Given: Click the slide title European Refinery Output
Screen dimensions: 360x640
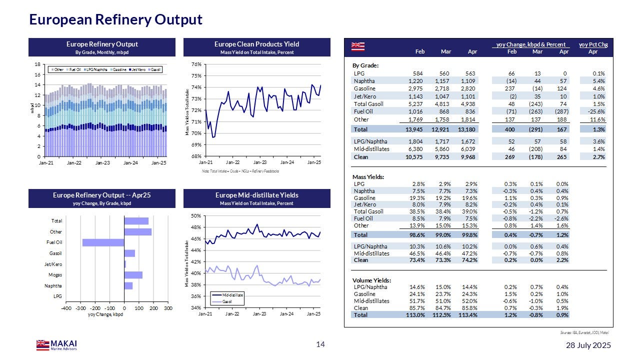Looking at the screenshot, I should (x=115, y=19).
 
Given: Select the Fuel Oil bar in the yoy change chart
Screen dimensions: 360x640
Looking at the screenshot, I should (x=103, y=242).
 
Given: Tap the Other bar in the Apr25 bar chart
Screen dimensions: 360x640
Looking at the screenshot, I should (x=137, y=232).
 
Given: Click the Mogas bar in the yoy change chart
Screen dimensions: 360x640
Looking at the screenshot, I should (x=133, y=275).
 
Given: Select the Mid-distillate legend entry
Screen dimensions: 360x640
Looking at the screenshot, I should (x=228, y=295).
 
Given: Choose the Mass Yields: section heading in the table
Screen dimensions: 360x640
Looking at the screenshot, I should (x=368, y=176).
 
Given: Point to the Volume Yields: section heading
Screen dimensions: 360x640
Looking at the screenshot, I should (x=371, y=280).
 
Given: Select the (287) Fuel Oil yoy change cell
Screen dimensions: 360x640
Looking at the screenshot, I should (x=560, y=111).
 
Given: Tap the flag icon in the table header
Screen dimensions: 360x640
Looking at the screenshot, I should (x=357, y=46).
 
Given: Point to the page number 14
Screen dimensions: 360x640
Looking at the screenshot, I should (x=320, y=344).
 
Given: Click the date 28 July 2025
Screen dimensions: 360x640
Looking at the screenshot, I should (x=588, y=345).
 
